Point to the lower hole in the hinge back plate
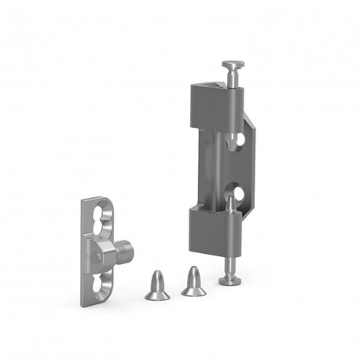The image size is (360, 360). point(237,193)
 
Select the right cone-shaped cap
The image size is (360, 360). point(192,282)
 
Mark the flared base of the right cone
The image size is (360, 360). point(193,292)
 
